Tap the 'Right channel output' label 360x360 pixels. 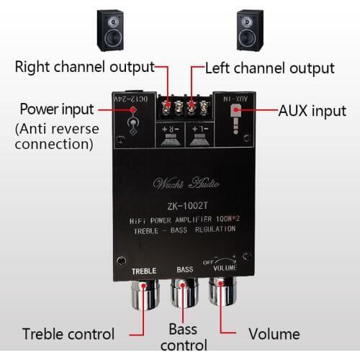pos(85,68)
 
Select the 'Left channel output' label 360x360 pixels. pos(269,68)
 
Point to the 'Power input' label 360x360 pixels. pos(56,109)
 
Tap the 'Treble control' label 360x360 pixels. pos(68,334)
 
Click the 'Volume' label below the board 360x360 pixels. pos(274,334)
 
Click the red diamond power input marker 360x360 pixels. pos(132,109)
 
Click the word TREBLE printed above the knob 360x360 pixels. pos(144,271)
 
